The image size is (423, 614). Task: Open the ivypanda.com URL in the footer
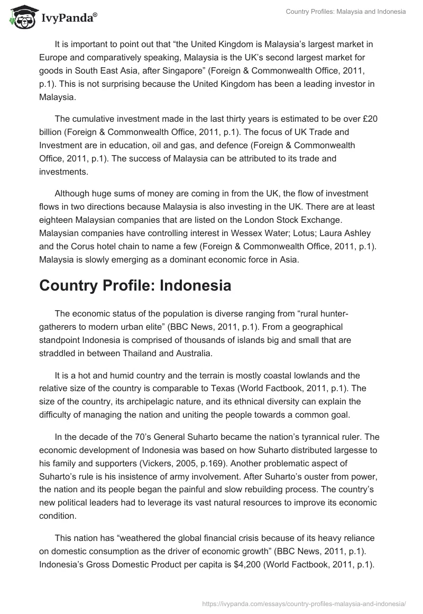[304, 603]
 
